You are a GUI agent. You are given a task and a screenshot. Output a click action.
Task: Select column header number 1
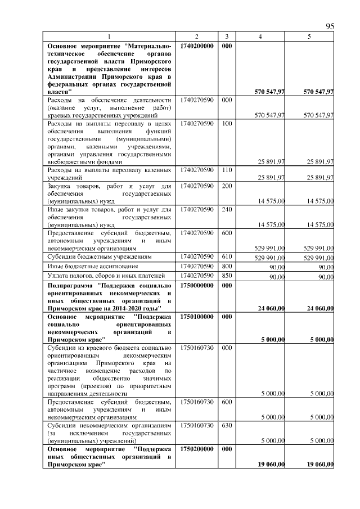(x=110, y=37)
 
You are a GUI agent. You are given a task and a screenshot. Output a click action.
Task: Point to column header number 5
(x=309, y=37)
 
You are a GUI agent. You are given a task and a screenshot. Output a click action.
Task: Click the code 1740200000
(x=197, y=45)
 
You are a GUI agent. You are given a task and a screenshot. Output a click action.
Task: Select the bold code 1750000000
(x=197, y=286)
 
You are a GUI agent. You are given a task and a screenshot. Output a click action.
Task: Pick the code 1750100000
(x=197, y=317)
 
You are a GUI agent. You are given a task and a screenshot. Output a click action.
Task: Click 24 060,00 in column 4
(x=271, y=308)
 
